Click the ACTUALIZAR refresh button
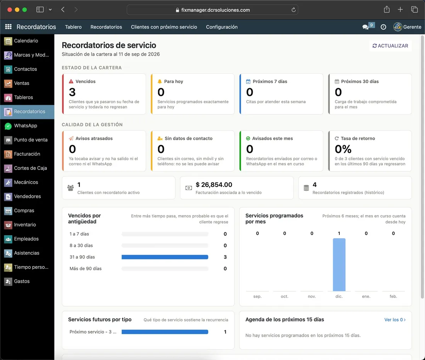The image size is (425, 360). [x=390, y=46]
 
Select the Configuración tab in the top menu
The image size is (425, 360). [x=222, y=27]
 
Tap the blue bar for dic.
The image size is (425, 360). [x=339, y=265]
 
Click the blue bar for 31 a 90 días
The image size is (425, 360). [x=165, y=257]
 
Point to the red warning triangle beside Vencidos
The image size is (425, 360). [x=71, y=81]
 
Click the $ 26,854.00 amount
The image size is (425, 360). [x=214, y=185]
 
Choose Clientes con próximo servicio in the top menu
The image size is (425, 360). [x=164, y=27]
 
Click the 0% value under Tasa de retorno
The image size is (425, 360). [x=343, y=149]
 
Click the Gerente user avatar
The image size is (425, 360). [x=398, y=27]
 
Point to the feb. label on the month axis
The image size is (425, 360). [x=393, y=296]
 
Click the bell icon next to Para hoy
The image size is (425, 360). [x=160, y=81]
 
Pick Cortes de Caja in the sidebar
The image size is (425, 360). [x=27, y=168]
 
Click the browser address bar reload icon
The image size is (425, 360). [x=294, y=10]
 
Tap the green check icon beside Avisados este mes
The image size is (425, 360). [x=248, y=138]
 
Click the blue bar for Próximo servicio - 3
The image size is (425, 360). [x=165, y=332]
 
